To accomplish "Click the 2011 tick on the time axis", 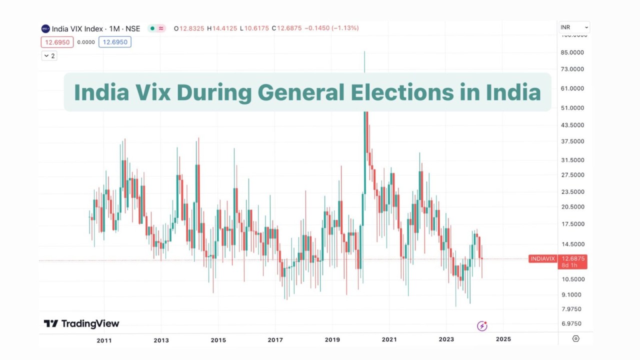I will pyautogui.click(x=104, y=340).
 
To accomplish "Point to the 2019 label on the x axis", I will pyautogui.click(x=332, y=340).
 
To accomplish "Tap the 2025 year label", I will pyautogui.click(x=503, y=339).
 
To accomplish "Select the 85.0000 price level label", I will pyautogui.click(x=572, y=52).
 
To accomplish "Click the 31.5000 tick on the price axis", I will pyautogui.click(x=572, y=160).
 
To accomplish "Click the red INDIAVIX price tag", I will pyautogui.click(x=543, y=258).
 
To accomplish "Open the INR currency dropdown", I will pyautogui.click(x=574, y=27).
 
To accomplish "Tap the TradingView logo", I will pyautogui.click(x=81, y=324).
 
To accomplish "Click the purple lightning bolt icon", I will pyautogui.click(x=482, y=326).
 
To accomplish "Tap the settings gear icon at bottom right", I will pyautogui.click(x=575, y=338).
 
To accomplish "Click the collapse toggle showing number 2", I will pyautogui.click(x=49, y=56).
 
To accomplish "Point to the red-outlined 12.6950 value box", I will pyautogui.click(x=57, y=42).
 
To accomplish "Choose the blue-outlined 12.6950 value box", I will pyautogui.click(x=114, y=42).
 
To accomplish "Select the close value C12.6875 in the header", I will pyautogui.click(x=286, y=28).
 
